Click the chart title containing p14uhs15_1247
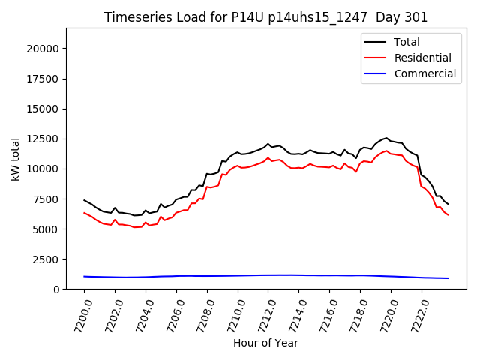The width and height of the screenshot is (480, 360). coord(265,17)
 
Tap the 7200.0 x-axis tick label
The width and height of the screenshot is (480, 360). coord(80,315)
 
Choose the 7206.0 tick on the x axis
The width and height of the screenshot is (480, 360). coord(172,315)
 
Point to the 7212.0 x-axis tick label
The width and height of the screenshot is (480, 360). coord(265,315)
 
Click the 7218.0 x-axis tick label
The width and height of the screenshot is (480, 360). coord(357,315)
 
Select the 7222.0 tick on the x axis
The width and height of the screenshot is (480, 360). coord(418,315)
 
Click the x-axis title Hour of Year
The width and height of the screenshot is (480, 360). coord(265,343)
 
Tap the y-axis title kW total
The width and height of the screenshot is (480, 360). coord(15,159)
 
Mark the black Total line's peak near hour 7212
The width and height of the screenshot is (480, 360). coord(268,144)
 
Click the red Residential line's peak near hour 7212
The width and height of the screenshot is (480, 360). coord(268,157)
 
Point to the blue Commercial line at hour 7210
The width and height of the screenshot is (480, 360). coord(238,275)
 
